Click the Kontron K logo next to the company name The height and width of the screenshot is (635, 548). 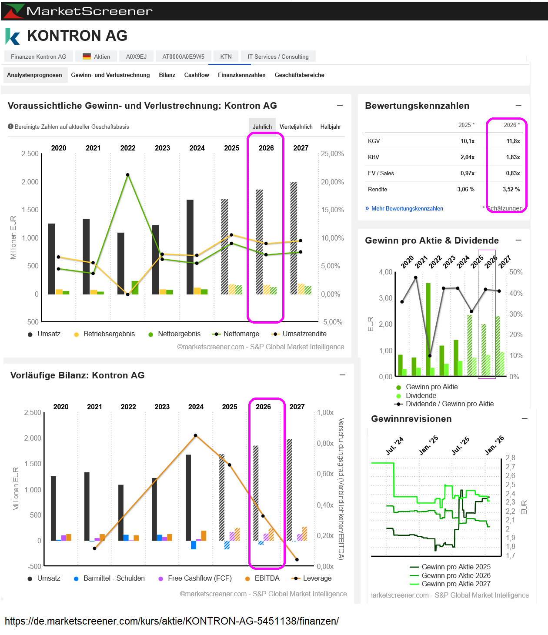pos(13,37)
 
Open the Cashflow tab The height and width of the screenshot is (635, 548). pos(197,75)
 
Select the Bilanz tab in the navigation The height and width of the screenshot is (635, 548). pos(167,75)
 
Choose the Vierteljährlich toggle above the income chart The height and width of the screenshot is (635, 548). pos(296,127)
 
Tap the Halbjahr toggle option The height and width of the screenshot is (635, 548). pos(331,127)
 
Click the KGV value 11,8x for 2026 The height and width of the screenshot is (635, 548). pos(513,141)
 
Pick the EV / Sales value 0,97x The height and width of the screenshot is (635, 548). pos(467,173)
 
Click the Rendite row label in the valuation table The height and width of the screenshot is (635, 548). pos(378,189)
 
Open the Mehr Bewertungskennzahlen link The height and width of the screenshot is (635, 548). pos(407,208)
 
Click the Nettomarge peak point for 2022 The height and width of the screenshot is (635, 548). pos(127,175)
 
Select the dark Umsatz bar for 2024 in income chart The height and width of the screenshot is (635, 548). pos(190,247)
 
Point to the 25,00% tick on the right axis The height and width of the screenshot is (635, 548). pos(332,154)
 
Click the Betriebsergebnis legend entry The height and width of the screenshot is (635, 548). pos(109,334)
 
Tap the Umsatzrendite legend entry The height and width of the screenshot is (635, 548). pos(304,334)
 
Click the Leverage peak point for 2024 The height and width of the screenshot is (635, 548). pos(195,435)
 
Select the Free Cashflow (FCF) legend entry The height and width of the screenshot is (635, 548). pos(199,578)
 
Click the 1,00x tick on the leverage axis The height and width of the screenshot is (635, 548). pos(325,412)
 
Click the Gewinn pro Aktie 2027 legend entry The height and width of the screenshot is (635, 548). pos(455,584)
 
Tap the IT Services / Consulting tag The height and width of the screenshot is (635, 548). pos(278,57)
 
